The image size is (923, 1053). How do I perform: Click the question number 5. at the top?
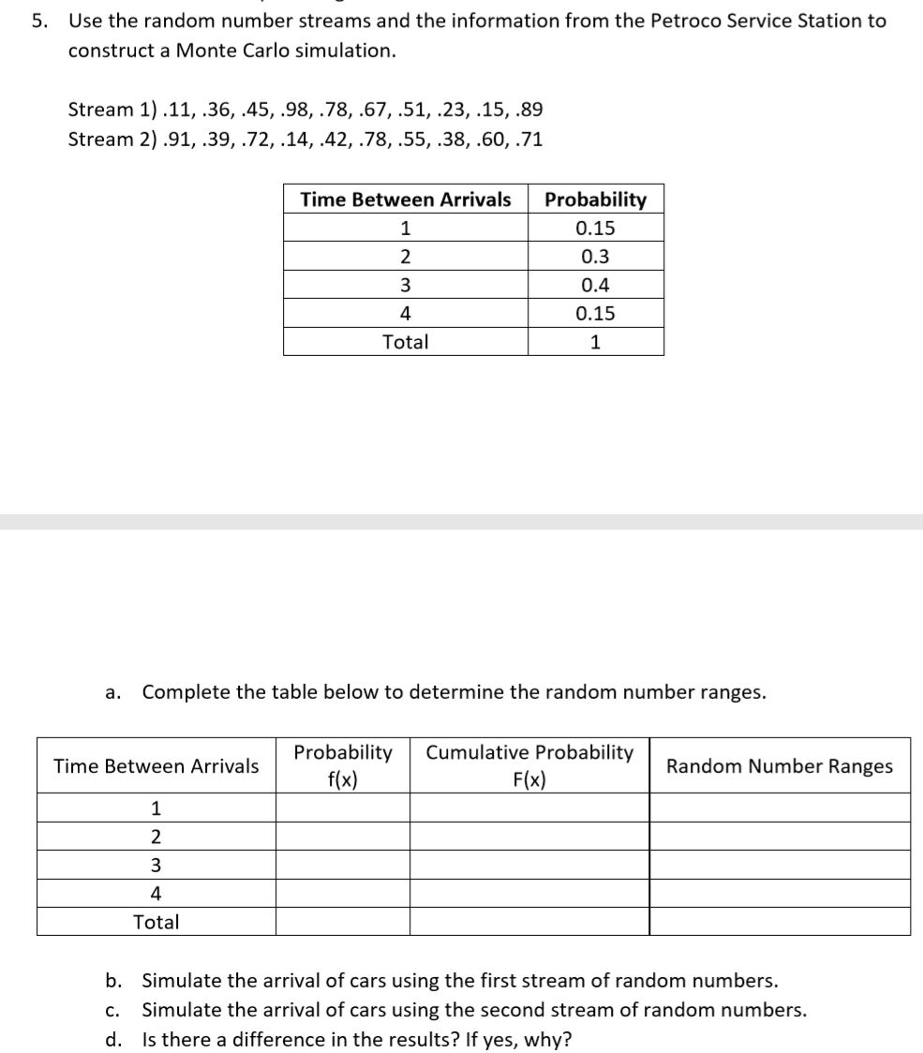coord(38,21)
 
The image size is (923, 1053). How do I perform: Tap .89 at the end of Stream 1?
coord(527,110)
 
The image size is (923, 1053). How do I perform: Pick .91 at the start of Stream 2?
coord(161,140)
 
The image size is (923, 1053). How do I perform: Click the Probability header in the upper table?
coord(595,200)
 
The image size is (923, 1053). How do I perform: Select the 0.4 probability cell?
coord(595,285)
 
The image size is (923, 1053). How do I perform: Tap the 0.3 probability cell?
coord(595,257)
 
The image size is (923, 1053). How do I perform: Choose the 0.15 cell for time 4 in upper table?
coord(595,313)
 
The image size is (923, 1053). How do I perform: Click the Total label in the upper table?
coord(405,342)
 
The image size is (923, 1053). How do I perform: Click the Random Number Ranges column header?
coord(779,766)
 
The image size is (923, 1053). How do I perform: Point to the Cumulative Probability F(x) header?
coord(529,766)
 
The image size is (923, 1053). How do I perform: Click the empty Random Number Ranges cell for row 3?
coord(779,865)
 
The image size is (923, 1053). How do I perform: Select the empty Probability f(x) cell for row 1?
coord(342,808)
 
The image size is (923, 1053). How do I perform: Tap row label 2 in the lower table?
coord(156,837)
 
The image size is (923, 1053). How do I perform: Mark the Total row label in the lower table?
coord(156,922)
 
